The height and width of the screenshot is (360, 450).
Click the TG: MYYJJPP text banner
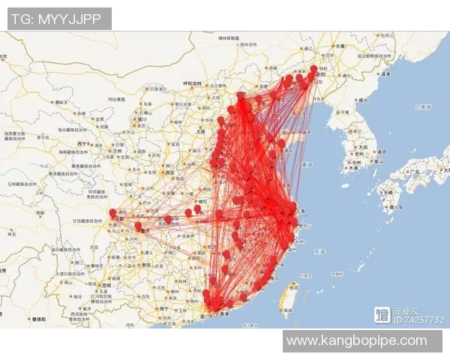click(x=59, y=19)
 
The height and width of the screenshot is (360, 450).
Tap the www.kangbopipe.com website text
click(x=357, y=341)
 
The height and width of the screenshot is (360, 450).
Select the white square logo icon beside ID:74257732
click(x=382, y=315)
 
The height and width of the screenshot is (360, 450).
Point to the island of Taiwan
click(x=286, y=298)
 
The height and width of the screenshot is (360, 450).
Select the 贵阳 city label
click(x=142, y=265)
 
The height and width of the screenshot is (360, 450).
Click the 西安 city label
click(x=169, y=173)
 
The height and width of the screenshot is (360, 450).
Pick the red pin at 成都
click(x=112, y=213)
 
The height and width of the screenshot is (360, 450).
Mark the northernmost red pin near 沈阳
click(x=313, y=68)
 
